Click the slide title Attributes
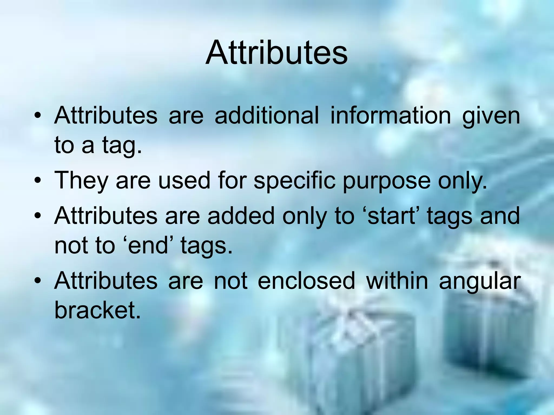click(276, 53)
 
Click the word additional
click(266, 116)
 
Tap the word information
click(390, 116)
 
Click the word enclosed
click(306, 281)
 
